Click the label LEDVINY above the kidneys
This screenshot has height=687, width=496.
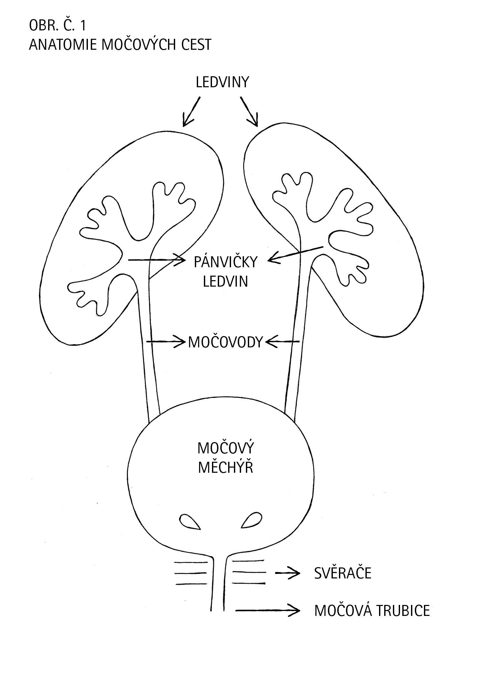[222, 82]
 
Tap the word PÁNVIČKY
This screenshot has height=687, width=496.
[225, 262]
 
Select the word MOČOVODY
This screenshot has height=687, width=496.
[225, 342]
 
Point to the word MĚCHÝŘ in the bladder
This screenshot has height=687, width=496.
[225, 468]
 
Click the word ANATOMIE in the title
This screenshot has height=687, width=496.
[63, 45]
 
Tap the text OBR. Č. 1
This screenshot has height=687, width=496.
[58, 26]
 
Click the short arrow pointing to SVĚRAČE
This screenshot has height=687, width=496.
[287, 573]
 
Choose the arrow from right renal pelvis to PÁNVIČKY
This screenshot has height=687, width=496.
[295, 253]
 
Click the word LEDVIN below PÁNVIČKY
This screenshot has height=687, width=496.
[225, 281]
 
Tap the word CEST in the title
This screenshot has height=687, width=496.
[196, 45]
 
